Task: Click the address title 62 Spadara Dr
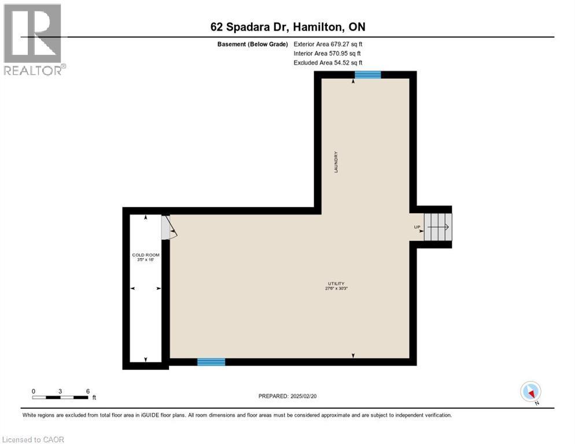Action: [287, 27]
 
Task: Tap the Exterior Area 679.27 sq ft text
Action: [328, 43]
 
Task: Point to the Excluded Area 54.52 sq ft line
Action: [328, 62]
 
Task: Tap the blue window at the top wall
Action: [367, 75]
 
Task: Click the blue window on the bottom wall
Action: [211, 362]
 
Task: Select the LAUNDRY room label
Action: [336, 162]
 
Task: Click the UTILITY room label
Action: [336, 283]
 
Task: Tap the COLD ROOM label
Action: [145, 255]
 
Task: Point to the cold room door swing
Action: [169, 228]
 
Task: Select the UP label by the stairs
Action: [417, 227]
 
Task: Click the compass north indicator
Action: [530, 392]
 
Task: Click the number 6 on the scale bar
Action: [87, 391]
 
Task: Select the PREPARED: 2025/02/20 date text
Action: [287, 396]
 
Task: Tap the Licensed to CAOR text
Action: [34, 439]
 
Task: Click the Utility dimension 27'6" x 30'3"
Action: [336, 288]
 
